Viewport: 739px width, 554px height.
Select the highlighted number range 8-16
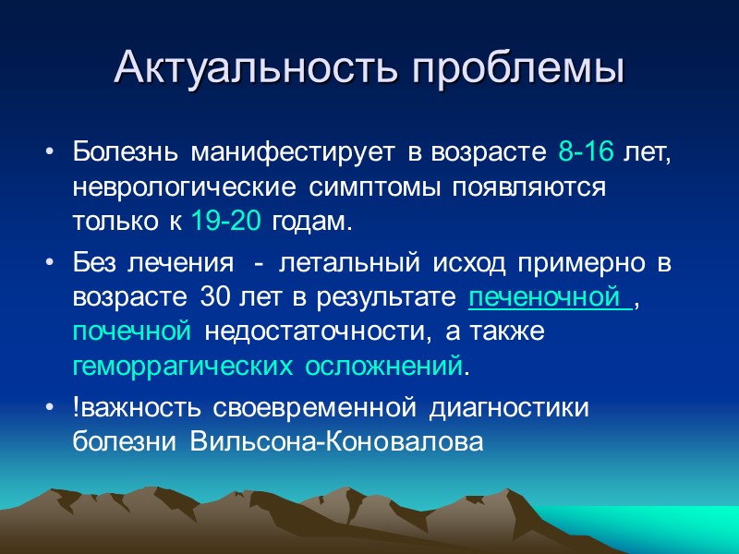[586, 152]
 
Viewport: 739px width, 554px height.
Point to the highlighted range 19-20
[226, 223]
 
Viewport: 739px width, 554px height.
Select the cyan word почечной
[131, 331]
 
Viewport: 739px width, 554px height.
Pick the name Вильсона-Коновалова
[336, 442]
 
